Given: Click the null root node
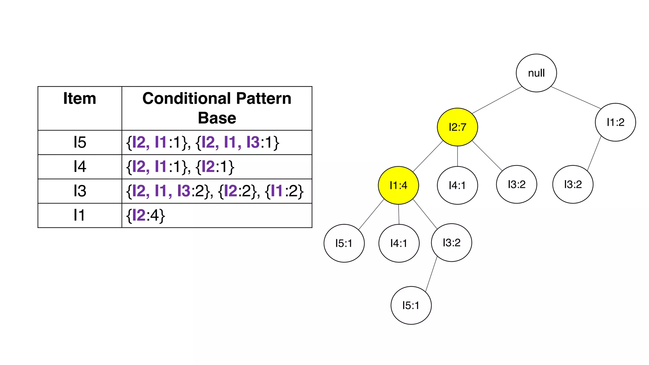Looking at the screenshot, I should pyautogui.click(x=536, y=73).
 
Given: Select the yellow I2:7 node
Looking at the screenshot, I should pyautogui.click(x=457, y=127).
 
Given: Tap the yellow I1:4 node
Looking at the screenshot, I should pyautogui.click(x=398, y=185).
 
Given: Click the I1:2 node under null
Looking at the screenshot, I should pyautogui.click(x=615, y=122).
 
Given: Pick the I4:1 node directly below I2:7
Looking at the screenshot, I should pyautogui.click(x=457, y=185).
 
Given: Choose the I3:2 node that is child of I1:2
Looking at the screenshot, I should pyautogui.click(x=573, y=184).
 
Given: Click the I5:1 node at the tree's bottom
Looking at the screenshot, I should pyautogui.click(x=411, y=305).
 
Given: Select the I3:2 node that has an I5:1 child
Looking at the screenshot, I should pyautogui.click(x=451, y=243).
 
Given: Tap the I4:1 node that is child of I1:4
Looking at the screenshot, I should pyautogui.click(x=399, y=243).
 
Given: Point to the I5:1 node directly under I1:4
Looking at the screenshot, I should pyautogui.click(x=344, y=243).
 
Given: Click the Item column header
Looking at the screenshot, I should pyautogui.click(x=80, y=99).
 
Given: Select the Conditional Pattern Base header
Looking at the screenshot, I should pyautogui.click(x=217, y=108).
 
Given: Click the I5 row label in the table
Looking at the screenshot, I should pyautogui.click(x=80, y=142).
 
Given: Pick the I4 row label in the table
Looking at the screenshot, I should pyautogui.click(x=80, y=167).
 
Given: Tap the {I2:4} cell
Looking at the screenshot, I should pyautogui.click(x=145, y=215).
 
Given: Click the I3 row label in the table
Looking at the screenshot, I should pyautogui.click(x=80, y=191).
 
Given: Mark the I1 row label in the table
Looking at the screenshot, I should pyautogui.click(x=80, y=215).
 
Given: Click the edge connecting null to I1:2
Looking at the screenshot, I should pyautogui.click(x=576, y=98).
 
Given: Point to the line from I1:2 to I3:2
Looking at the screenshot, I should pyautogui.click(x=594, y=153).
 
